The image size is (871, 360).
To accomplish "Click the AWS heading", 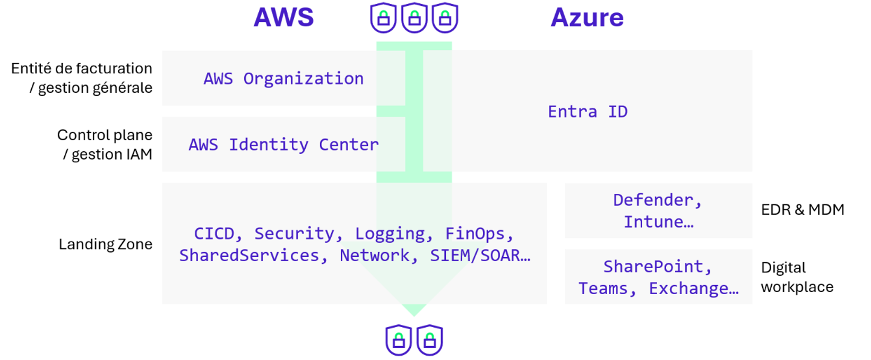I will [x=283, y=18].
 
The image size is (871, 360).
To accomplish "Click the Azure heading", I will [x=587, y=18].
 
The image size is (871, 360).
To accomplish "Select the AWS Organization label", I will [x=283, y=79].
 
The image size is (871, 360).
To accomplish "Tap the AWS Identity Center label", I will [x=283, y=144].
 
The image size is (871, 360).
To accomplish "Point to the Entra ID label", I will [x=588, y=112].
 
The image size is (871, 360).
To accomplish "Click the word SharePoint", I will [x=653, y=267].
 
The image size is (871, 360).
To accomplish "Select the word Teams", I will [x=603, y=288].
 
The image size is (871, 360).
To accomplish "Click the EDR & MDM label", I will [x=802, y=210].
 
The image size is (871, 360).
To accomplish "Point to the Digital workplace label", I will [x=796, y=277].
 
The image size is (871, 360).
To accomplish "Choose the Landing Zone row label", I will [x=105, y=244].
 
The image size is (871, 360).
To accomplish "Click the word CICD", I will [x=214, y=234].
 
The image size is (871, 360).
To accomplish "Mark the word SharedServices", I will [x=249, y=255].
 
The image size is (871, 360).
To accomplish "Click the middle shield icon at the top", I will [x=414, y=18].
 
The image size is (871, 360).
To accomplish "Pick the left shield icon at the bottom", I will [x=399, y=340].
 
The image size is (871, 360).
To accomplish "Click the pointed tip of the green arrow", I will [x=414, y=313].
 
